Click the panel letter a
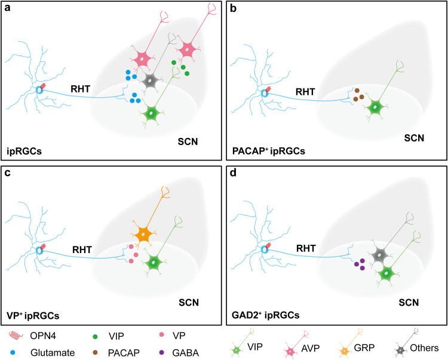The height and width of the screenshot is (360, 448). tap(8, 8)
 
